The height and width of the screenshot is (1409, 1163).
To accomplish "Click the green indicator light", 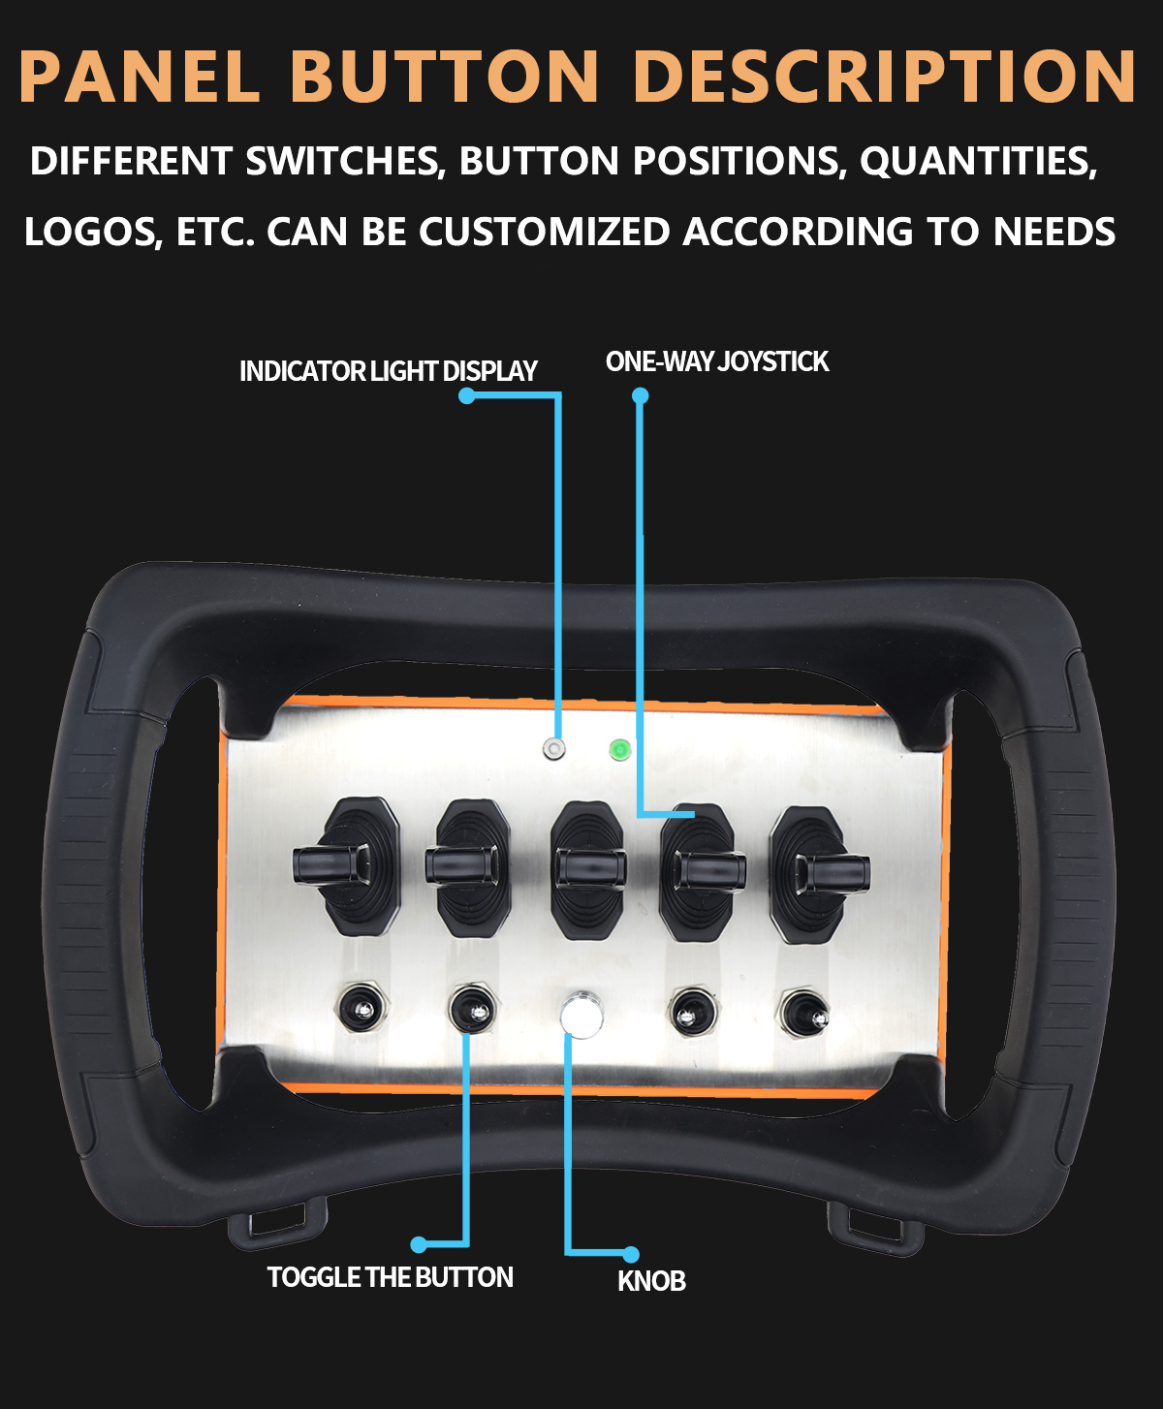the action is [619, 750].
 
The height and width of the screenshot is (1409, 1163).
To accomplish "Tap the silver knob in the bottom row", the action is [581, 1014].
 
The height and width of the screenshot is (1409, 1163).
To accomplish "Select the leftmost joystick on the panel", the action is [350, 866].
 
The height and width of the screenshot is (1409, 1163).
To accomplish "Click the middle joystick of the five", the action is [588, 870].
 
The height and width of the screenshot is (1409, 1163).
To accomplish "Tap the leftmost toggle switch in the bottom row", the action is [361, 1008].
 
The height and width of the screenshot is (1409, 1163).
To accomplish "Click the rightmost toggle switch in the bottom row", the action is [804, 1014].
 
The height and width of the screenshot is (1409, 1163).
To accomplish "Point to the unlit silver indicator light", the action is [554, 748].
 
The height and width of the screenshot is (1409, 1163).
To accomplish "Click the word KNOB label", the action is [651, 1281].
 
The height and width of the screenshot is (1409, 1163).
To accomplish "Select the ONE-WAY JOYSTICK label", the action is [717, 361].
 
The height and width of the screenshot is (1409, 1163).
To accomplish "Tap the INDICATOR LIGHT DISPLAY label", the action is [388, 371].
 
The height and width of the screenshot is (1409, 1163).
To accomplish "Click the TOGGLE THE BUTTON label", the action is [391, 1277].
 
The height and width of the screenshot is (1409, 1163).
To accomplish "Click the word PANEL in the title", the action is [140, 76].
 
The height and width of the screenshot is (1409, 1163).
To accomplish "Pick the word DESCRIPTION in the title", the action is [886, 76].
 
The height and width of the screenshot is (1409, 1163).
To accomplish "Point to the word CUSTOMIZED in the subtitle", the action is [544, 232].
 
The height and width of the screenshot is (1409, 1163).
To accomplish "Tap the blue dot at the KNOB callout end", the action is [630, 1255].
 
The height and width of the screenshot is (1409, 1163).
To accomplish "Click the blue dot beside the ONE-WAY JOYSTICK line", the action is [640, 395].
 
